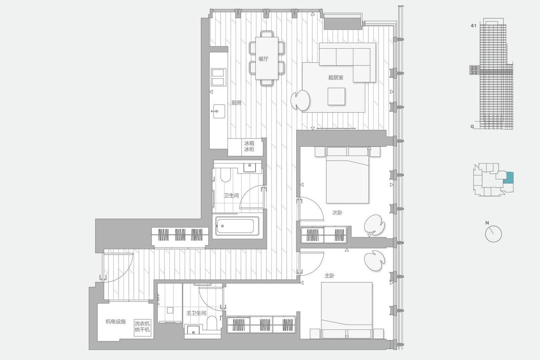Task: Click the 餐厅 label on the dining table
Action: pos(263,59)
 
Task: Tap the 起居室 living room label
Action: pos(336,77)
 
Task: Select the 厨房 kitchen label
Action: pos(236,103)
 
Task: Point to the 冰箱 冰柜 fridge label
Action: pos(249,146)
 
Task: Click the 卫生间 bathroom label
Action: pos(231,195)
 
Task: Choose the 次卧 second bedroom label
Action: pos(337,213)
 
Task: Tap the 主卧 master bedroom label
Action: pos(329,276)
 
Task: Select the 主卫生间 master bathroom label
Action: pos(196,313)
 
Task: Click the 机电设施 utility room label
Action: pos(116,321)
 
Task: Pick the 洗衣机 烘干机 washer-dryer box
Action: pos(142,328)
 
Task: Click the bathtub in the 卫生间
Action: pos(238,226)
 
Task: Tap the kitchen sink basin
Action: pos(219,111)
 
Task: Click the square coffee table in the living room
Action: pos(336,96)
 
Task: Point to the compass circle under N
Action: pos(494,234)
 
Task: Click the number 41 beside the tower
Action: pos(474,26)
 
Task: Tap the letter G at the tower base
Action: pos(472,126)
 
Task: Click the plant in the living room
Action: pos(301,100)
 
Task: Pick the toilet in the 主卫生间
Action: pos(212,323)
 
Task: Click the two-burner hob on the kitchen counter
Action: pos(219,77)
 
